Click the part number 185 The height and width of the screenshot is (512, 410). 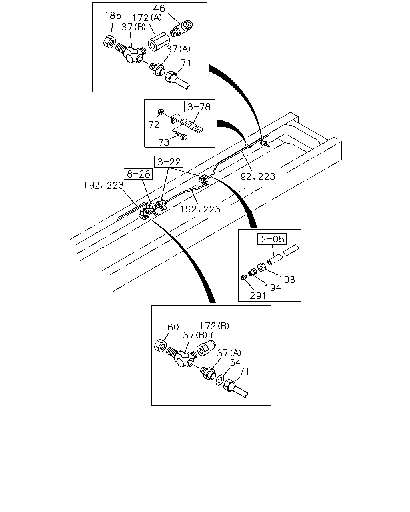(113, 16)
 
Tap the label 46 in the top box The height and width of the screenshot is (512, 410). (159, 8)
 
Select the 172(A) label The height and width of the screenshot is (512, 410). (147, 18)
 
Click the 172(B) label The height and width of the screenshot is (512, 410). (215, 326)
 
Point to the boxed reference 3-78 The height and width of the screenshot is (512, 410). (199, 107)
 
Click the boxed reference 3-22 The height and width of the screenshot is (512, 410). (169, 162)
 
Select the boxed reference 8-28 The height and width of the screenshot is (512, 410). (138, 174)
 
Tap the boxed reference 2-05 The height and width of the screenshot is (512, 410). (272, 239)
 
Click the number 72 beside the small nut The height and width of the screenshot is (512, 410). (154, 124)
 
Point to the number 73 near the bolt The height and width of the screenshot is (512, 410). (164, 142)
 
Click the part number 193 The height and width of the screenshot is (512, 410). (287, 280)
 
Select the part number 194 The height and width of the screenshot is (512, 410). (273, 288)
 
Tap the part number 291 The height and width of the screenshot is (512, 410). (258, 296)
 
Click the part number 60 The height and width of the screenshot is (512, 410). (173, 327)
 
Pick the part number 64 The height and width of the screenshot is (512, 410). (235, 362)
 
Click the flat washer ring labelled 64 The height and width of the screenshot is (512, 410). (219, 380)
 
